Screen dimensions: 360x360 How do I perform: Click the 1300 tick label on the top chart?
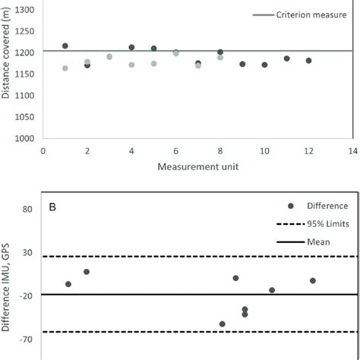pyautogui.click(x=25, y=8)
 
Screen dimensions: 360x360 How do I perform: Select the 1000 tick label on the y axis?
pyautogui.click(x=25, y=139)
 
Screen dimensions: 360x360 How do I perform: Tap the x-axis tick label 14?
pyautogui.click(x=353, y=150)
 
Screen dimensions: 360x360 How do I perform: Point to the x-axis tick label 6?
pyautogui.click(x=176, y=150)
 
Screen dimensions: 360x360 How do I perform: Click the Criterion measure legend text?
pyautogui.click(x=289, y=14)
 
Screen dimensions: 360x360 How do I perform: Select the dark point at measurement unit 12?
pyautogui.click(x=309, y=61)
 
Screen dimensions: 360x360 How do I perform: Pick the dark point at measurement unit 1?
pyautogui.click(x=65, y=46)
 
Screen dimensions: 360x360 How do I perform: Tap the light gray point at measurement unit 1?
pyautogui.click(x=65, y=68)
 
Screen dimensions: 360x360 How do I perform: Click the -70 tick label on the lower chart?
pyautogui.click(x=27, y=339)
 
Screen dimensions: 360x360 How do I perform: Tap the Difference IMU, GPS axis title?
pyautogui.click(x=7, y=285)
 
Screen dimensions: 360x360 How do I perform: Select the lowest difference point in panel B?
pyautogui.click(x=223, y=324)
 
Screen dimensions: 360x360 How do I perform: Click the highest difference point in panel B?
pyautogui.click(x=87, y=272)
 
